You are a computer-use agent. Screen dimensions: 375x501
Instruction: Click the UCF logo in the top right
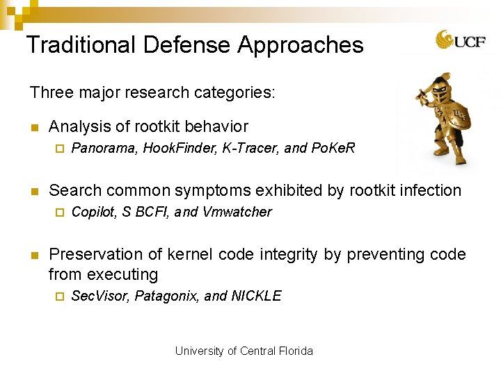tap(456, 40)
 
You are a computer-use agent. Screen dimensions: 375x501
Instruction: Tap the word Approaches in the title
tap(300, 46)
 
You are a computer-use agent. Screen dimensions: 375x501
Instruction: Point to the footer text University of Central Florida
tap(244, 351)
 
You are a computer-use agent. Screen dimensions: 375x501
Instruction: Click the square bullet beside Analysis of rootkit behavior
tap(33, 127)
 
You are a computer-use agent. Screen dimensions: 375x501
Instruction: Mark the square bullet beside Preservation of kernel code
tap(33, 255)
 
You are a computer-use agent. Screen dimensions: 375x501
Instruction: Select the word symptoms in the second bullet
tap(214, 190)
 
